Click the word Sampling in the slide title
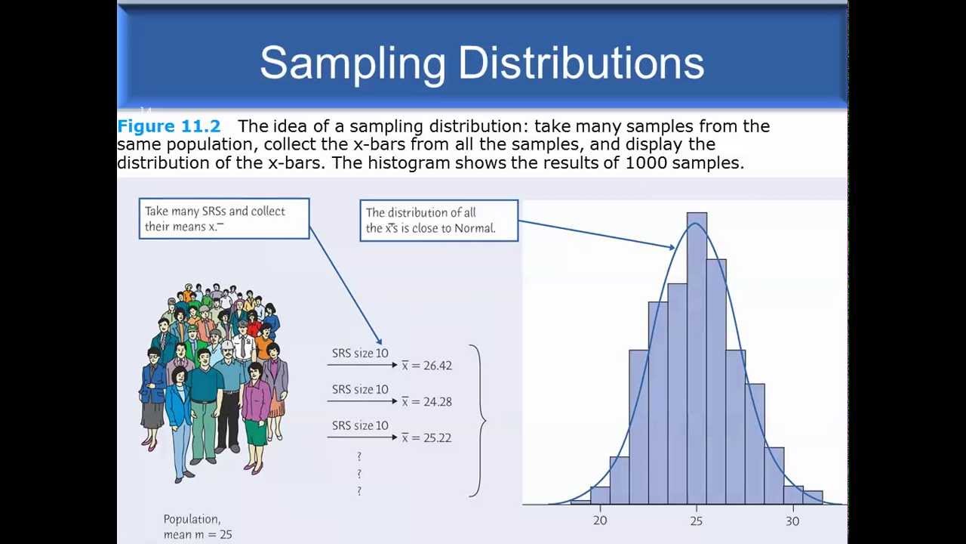pyautogui.click(x=352, y=65)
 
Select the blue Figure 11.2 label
pyautogui.click(x=168, y=126)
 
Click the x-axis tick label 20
pyautogui.click(x=600, y=521)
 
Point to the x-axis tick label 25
pyautogui.click(x=697, y=521)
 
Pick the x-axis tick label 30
pyautogui.click(x=792, y=521)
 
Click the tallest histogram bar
pyautogui.click(x=697, y=358)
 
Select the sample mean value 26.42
pyautogui.click(x=438, y=366)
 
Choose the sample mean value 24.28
pyautogui.click(x=438, y=402)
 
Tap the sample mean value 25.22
pyautogui.click(x=437, y=437)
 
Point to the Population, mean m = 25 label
pyautogui.click(x=198, y=527)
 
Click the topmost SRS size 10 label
pyautogui.click(x=360, y=353)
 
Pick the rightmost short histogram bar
pyautogui.click(x=813, y=497)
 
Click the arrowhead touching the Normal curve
pyautogui.click(x=671, y=247)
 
